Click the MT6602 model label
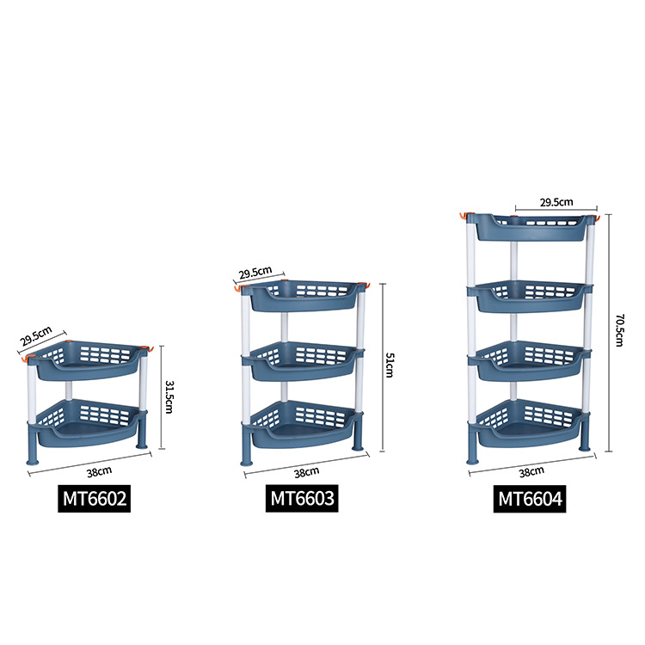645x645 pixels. click(95, 499)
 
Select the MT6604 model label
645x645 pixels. click(531, 499)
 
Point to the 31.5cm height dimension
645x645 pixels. click(170, 396)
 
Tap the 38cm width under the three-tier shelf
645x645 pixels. click(308, 471)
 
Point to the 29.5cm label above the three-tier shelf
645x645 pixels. click(255, 273)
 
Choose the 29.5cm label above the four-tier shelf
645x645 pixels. click(556, 202)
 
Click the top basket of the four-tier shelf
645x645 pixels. click(530, 227)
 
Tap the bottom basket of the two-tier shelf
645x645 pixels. click(89, 425)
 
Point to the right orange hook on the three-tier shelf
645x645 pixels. click(365, 286)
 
